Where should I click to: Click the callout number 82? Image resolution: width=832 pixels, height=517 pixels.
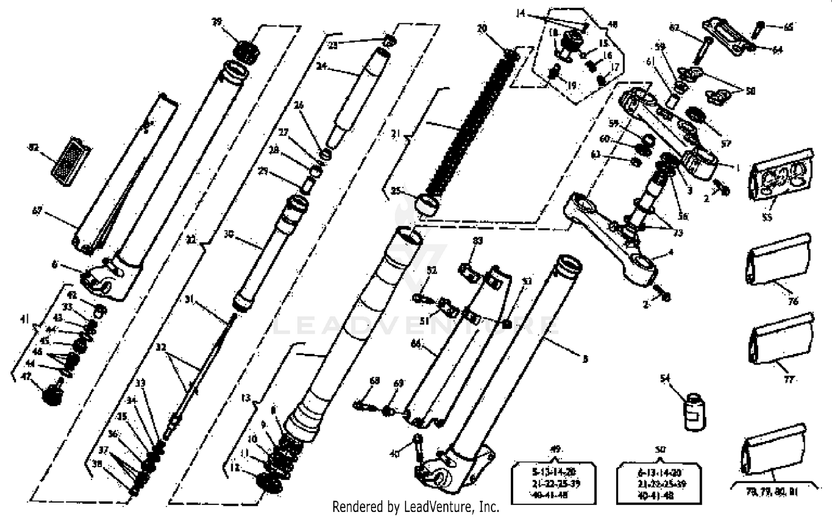coord(33,148)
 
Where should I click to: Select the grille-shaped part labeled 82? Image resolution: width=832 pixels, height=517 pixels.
coord(70,158)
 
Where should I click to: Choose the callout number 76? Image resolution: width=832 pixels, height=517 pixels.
coord(793,301)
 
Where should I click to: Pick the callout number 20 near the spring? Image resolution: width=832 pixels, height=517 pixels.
coord(481,28)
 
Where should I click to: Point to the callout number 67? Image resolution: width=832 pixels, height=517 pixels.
coord(37,211)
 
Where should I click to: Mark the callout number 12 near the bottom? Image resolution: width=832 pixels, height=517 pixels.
coord(235,468)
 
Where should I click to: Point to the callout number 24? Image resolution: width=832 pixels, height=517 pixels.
coord(321,67)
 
